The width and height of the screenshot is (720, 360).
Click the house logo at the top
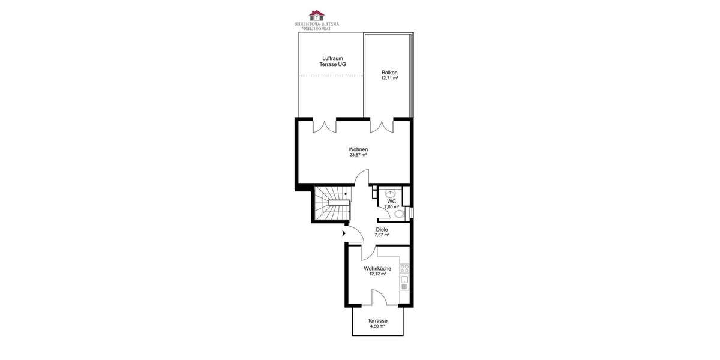[x=316, y=14]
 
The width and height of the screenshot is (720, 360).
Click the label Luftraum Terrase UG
[x=332, y=61]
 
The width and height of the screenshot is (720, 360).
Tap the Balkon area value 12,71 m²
[x=390, y=78]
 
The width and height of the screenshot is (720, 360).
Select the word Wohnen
[x=358, y=149]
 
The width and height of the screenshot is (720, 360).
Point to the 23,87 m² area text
[x=358, y=155]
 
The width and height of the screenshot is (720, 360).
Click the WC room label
[x=391, y=201]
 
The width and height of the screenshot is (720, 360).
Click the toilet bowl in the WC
[x=399, y=214]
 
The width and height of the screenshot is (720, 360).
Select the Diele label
[x=382, y=229]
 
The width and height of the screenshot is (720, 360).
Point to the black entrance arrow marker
[x=344, y=233]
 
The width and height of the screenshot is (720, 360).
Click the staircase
[x=331, y=203]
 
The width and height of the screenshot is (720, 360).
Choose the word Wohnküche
[x=377, y=269]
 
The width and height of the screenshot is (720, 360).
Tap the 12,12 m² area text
[x=377, y=274]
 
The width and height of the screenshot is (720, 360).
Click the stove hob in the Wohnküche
[x=405, y=268]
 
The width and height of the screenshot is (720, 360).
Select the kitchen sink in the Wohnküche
[x=405, y=281]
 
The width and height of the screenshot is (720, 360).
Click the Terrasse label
[x=377, y=321]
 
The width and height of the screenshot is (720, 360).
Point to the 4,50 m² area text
[x=377, y=326]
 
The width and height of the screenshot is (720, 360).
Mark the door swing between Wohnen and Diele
[x=361, y=178]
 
